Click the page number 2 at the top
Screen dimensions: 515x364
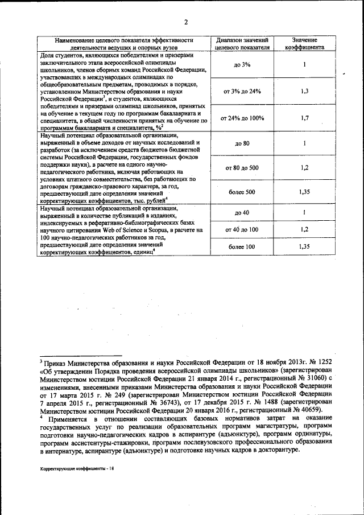(185, 22)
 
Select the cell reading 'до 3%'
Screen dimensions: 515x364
(242, 65)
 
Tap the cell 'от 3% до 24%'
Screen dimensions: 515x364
(242, 91)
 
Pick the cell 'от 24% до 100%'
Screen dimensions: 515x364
(242, 118)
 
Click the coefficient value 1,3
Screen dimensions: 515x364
(305, 91)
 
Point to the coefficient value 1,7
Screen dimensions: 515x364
(305, 118)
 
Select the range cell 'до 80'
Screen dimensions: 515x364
(242, 143)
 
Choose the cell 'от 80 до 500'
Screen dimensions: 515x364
(242, 168)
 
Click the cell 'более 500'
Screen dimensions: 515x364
(242, 192)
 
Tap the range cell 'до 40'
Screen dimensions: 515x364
(242, 213)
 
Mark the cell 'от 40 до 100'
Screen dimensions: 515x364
(242, 229)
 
